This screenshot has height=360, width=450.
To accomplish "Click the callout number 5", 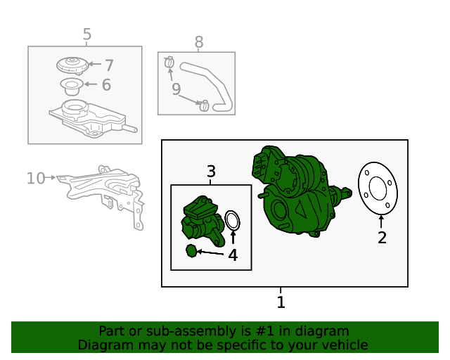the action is point(87,34).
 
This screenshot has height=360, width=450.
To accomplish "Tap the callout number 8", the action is point(199,42).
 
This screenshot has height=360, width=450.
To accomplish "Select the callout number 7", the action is point(109,65).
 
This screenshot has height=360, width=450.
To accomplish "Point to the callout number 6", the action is point(106,84).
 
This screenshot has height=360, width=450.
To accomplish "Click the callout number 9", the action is point(176,89).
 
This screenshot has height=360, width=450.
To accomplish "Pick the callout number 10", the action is point(36,179).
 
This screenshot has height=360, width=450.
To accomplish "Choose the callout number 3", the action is point(211,172).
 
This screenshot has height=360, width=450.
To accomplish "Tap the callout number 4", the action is point(233,255).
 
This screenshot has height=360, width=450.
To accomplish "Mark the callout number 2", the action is point(382,238).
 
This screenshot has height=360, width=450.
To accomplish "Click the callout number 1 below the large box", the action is point(281,302).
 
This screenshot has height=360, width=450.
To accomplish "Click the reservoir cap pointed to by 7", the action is point(72,65).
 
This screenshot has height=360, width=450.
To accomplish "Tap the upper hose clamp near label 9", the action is point(169,63).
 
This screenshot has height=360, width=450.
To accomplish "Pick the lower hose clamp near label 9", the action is point(204,105).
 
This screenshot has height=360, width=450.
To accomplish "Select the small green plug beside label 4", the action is point(191,251).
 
